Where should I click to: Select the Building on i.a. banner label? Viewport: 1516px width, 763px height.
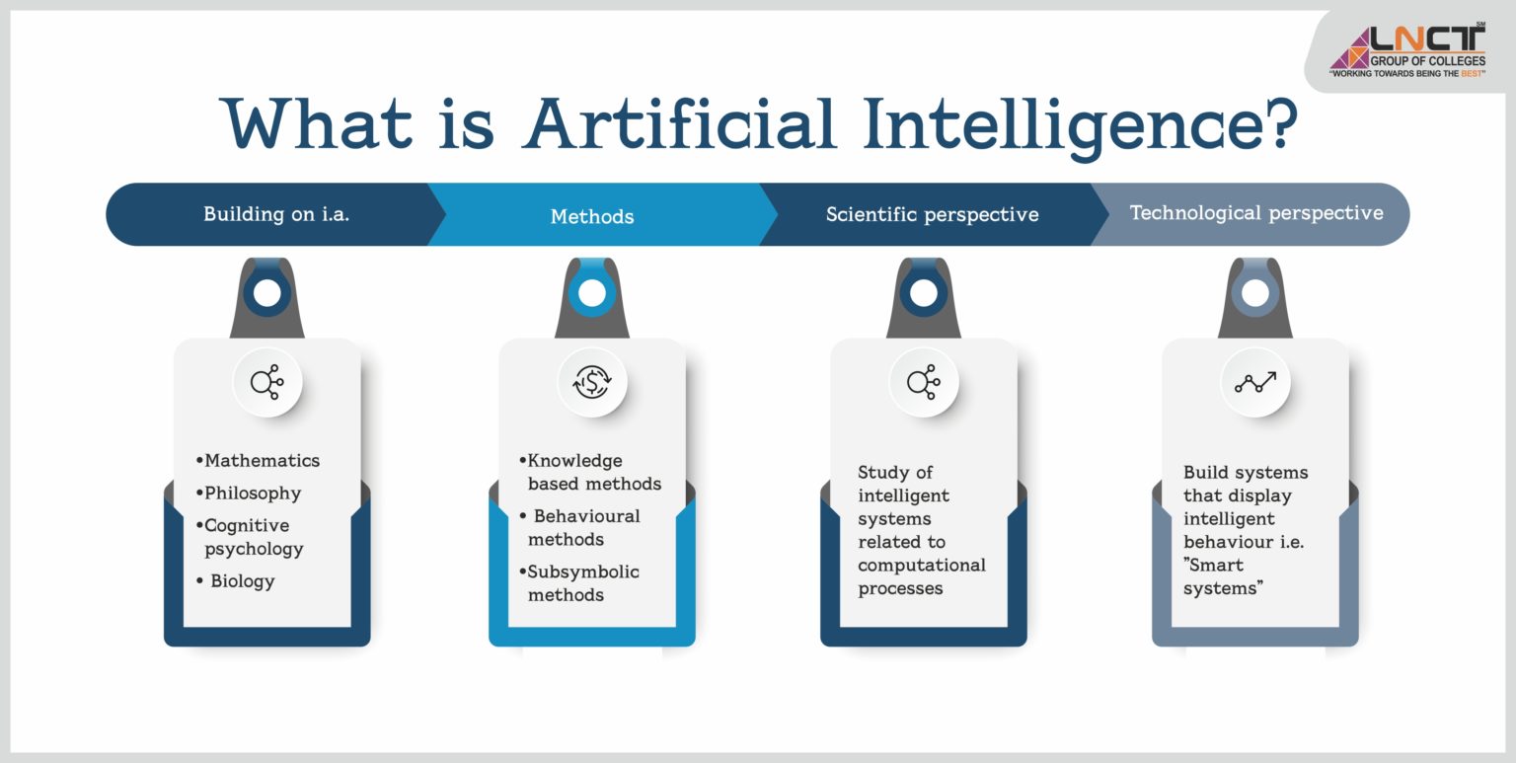click(x=276, y=214)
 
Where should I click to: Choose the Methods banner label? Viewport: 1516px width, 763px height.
click(x=592, y=216)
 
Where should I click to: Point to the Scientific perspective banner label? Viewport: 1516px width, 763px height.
click(x=932, y=214)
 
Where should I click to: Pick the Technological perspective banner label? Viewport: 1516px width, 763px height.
click(x=1255, y=212)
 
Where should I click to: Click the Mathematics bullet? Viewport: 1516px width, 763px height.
click(x=262, y=460)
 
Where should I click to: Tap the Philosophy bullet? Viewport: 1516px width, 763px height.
click(x=252, y=493)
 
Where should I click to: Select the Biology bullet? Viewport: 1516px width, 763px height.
click(x=242, y=580)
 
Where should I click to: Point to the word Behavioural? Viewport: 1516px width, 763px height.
click(x=587, y=515)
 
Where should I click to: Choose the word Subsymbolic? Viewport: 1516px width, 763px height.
click(x=583, y=572)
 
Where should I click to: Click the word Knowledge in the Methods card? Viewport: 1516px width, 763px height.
click(x=574, y=460)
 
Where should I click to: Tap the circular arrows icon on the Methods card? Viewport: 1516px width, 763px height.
click(x=592, y=381)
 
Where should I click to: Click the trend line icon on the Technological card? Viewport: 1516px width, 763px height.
click(x=1255, y=381)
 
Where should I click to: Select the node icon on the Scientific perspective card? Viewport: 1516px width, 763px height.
click(x=924, y=381)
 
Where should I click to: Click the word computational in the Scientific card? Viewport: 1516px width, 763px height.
click(x=922, y=565)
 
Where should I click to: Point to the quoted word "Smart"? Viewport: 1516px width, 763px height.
click(x=1214, y=565)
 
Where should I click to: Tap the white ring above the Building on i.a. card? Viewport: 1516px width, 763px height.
click(x=266, y=293)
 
